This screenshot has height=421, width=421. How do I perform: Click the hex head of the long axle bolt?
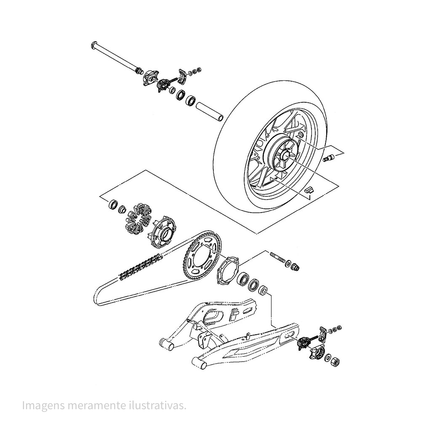[94, 45]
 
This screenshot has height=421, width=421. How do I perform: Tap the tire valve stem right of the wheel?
[328, 158]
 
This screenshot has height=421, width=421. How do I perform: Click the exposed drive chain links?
[141, 267]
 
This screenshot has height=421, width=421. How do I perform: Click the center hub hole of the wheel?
[284, 155]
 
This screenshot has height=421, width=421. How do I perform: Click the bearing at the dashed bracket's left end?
[113, 205]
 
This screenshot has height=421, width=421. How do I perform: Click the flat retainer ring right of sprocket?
[228, 270]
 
